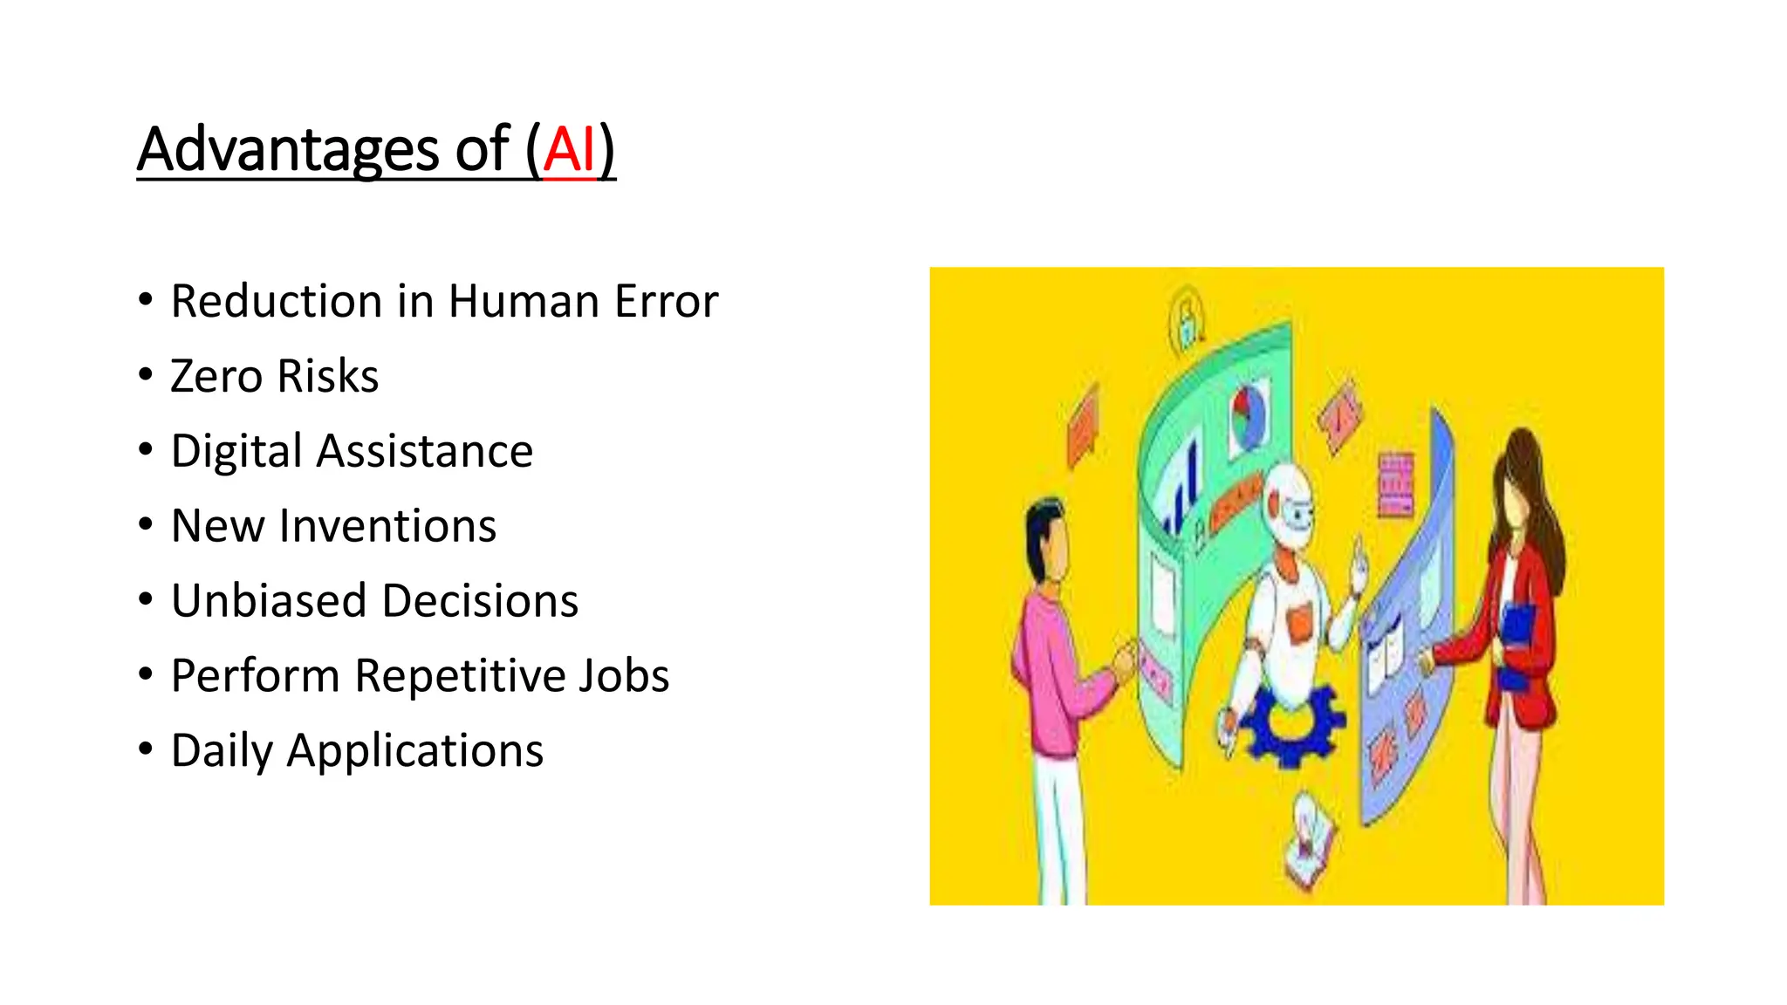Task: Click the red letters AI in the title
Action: tap(569, 149)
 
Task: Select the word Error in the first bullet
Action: tap(666, 301)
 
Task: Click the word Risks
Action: tap(328, 376)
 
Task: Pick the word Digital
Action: tap(236, 451)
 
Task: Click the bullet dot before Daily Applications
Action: tap(146, 749)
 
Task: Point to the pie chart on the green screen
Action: tap(1249, 417)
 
